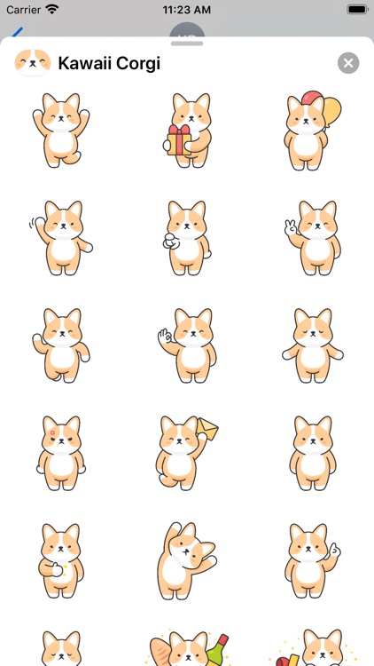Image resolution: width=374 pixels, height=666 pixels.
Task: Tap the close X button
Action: (348, 63)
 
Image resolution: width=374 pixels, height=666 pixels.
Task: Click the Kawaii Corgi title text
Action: (109, 63)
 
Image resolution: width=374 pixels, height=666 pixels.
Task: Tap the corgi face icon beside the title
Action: (33, 63)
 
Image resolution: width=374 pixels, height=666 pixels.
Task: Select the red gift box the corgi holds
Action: (179, 140)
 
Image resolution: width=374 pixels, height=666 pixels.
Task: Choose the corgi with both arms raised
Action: (60, 131)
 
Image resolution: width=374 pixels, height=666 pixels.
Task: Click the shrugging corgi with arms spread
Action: (313, 346)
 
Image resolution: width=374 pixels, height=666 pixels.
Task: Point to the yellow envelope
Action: (208, 431)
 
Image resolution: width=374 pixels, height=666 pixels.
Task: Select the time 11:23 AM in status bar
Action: (186, 10)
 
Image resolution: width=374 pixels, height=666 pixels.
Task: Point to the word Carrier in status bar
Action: (23, 10)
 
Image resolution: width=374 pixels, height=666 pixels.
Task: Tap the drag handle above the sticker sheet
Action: (187, 42)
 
